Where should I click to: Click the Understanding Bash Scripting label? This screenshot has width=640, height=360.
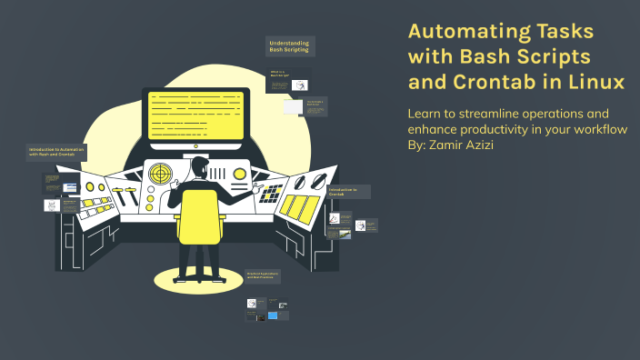tap(288, 46)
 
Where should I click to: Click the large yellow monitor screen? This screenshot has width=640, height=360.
tap(195, 116)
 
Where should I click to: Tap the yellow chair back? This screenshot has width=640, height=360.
tap(197, 216)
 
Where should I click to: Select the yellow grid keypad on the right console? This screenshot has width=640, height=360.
tap(272, 192)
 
